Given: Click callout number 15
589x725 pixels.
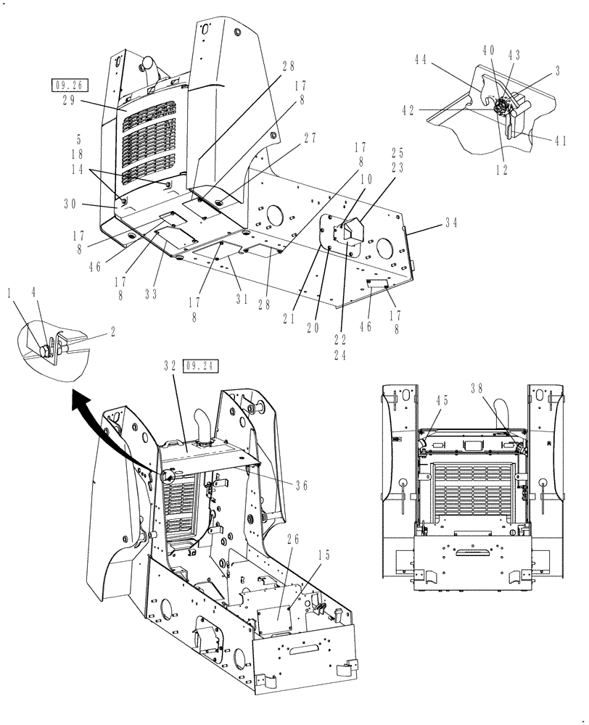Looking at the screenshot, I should [323, 555].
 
